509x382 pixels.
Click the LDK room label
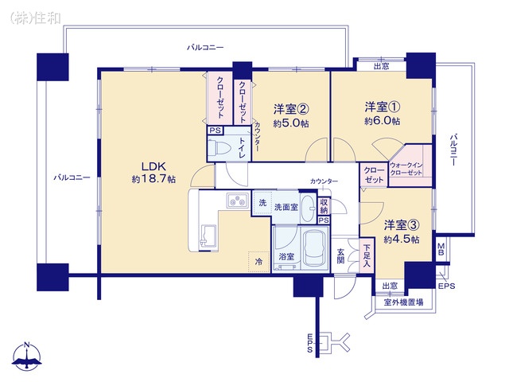(153, 166)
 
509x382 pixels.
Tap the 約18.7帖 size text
(153, 178)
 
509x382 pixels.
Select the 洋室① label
(382, 107)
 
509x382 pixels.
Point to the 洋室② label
(291, 109)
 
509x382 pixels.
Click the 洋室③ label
(402, 224)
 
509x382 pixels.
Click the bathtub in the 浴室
(315, 248)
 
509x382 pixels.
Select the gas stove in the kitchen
(237, 200)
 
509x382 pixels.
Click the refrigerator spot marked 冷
(259, 262)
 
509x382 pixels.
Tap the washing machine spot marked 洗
(262, 203)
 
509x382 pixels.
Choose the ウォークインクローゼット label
(406, 169)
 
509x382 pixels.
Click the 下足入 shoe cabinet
(367, 255)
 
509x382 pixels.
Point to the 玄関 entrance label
(340, 256)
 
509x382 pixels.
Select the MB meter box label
(441, 249)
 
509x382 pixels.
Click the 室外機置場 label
(403, 302)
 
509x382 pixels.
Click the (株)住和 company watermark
(35, 18)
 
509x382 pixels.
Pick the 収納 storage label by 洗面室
(324, 206)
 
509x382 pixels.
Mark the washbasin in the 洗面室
(308, 208)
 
